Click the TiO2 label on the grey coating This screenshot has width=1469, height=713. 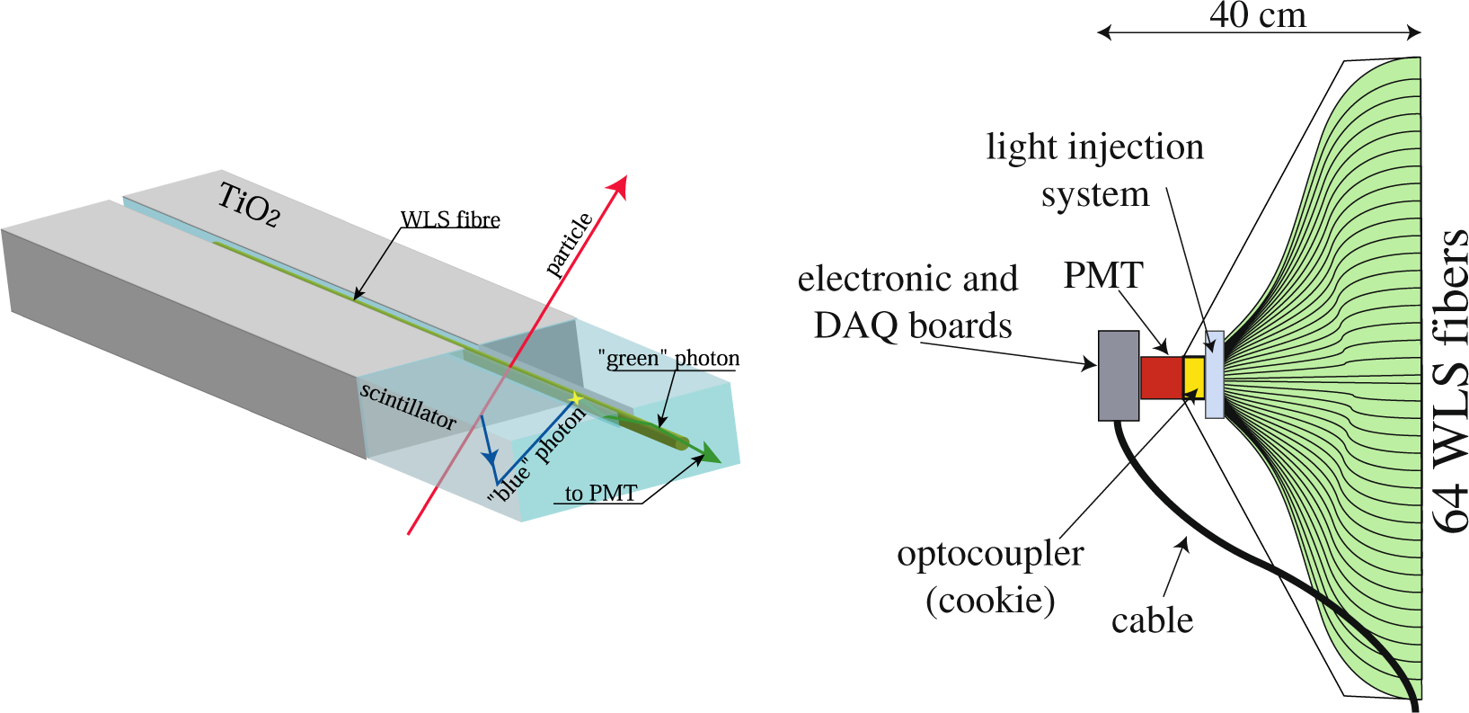(x=249, y=205)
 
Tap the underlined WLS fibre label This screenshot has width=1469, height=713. (x=449, y=220)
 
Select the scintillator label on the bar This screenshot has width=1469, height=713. (x=408, y=405)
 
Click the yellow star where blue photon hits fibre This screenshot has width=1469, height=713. (x=576, y=397)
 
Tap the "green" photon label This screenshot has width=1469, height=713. (x=668, y=359)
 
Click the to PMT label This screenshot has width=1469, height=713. (x=600, y=494)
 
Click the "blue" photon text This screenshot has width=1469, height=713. (x=536, y=453)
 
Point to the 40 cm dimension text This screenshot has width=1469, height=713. (x=1257, y=15)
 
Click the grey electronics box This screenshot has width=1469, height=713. (x=1119, y=375)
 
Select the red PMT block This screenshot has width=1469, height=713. (x=1161, y=378)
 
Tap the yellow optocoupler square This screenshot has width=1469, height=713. (x=1193, y=378)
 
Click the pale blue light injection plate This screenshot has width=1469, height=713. (x=1214, y=374)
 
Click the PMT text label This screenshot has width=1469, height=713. (x=1103, y=275)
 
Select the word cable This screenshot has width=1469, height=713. (x=1152, y=620)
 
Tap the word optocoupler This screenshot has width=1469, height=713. (x=990, y=554)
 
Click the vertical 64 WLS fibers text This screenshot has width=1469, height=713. (x=1448, y=381)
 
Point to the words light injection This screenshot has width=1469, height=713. (x=1094, y=147)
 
